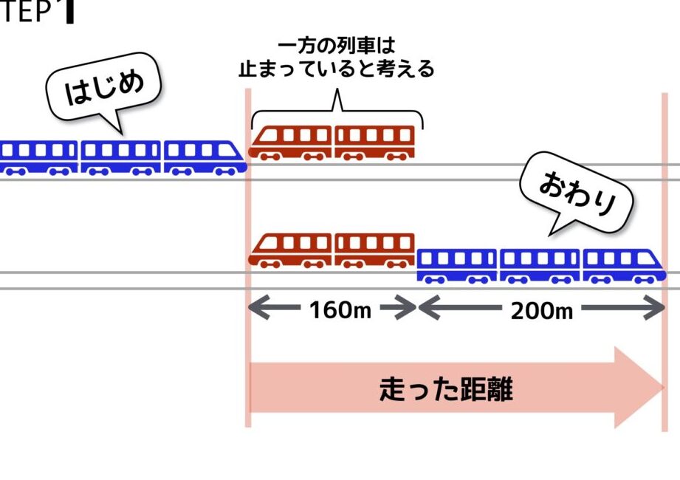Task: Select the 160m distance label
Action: pyautogui.click(x=340, y=310)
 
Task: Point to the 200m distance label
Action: pyautogui.click(x=542, y=311)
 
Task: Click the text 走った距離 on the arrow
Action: pyautogui.click(x=446, y=389)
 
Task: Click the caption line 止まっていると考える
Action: pyautogui.click(x=336, y=69)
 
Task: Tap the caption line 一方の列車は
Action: pyautogui.click(x=336, y=46)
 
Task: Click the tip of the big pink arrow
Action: pyautogui.click(x=664, y=387)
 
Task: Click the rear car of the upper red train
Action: pyautogui.click(x=374, y=143)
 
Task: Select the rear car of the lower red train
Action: pyautogui.click(x=374, y=250)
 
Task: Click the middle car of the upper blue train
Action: pyautogui.click(x=120, y=157)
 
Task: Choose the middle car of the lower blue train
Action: pyautogui.click(x=540, y=266)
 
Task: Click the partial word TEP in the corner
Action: pyautogui.click(x=26, y=11)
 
